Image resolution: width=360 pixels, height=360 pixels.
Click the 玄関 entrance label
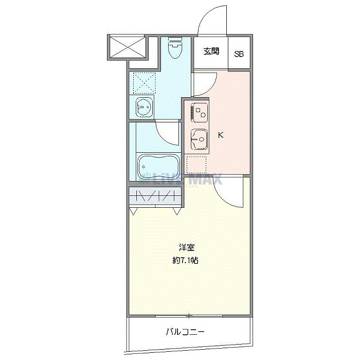pos(211,51)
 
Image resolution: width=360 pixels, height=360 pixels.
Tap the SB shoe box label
pos(240,53)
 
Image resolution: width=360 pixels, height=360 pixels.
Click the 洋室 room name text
pos(186,247)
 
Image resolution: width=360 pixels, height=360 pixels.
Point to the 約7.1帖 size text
pos(185,261)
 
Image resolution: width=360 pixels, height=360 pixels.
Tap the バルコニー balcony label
pos(185,332)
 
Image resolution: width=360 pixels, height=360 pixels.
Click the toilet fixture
pos(175,49)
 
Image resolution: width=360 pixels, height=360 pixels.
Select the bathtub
pos(158,166)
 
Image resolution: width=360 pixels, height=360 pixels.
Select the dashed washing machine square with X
pos(144,82)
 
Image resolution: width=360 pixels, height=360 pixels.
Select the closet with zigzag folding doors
pos(155,195)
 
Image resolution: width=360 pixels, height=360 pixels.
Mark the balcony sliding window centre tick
pos(189,315)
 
